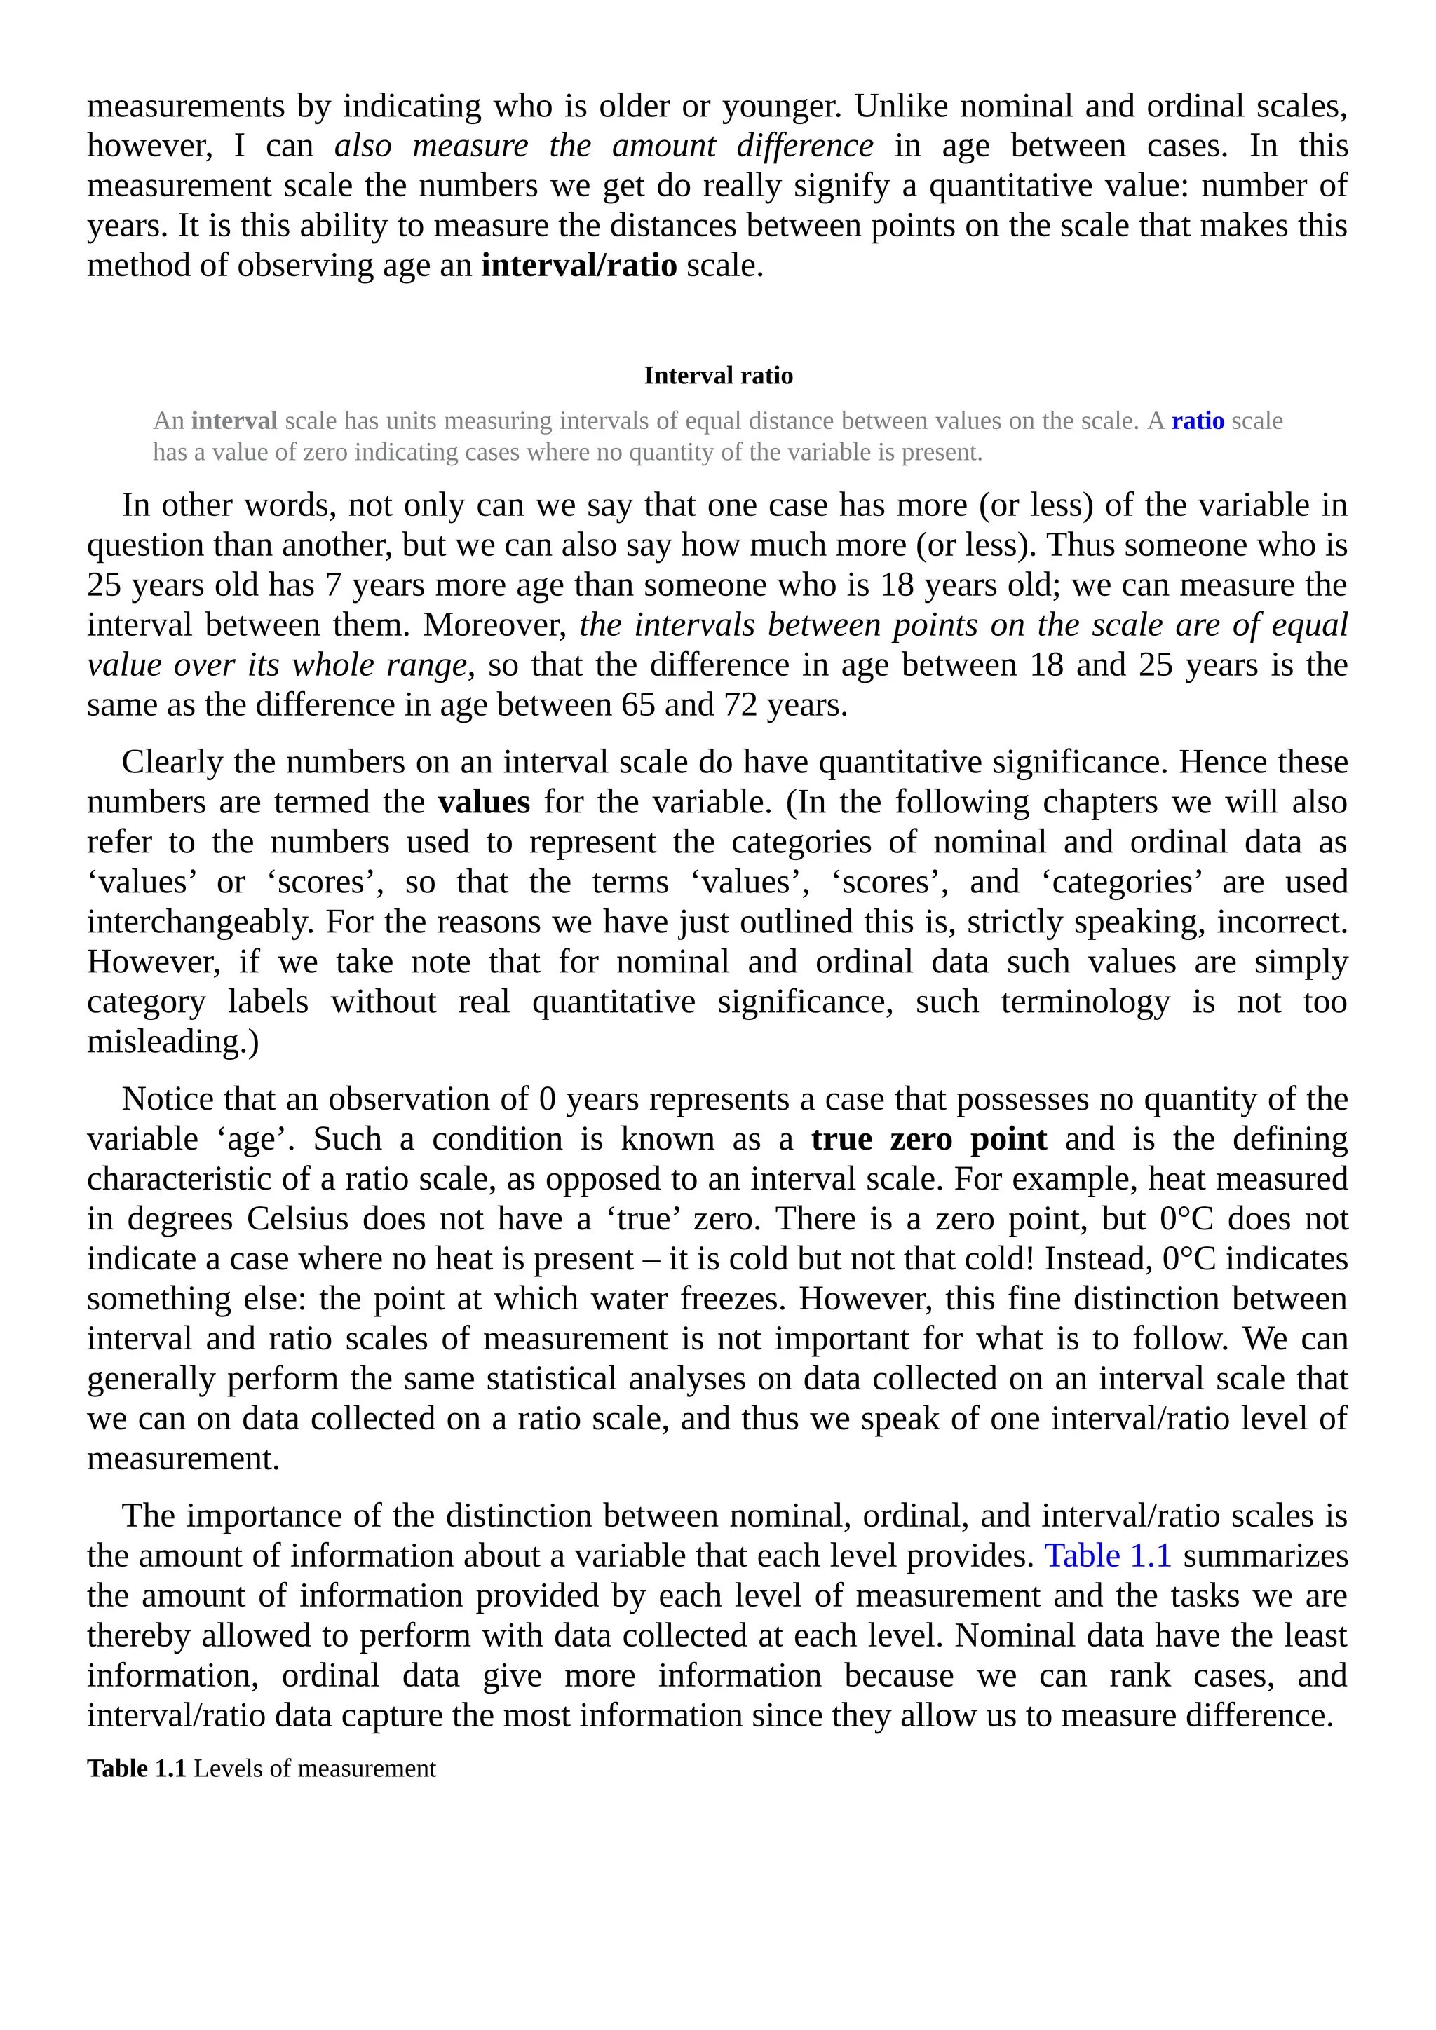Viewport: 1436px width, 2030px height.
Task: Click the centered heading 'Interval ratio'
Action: [x=718, y=376]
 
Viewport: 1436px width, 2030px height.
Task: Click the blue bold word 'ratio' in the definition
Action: [x=1198, y=421]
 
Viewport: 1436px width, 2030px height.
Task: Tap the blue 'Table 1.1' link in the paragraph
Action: [x=1107, y=1555]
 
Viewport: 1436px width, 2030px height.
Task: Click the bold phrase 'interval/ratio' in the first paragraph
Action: [x=578, y=265]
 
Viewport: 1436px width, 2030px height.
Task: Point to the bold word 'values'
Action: [x=484, y=802]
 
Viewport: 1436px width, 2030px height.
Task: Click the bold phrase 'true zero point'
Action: [x=928, y=1139]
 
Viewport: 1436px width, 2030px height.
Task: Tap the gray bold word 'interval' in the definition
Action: [x=234, y=421]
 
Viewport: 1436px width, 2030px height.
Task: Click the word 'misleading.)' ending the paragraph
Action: [x=173, y=1042]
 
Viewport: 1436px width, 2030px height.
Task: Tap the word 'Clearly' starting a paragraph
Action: [x=172, y=762]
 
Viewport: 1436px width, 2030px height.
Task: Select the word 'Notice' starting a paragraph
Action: [x=168, y=1099]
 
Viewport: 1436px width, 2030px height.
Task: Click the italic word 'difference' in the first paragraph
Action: [x=805, y=146]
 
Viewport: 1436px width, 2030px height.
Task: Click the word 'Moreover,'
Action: [x=495, y=625]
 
